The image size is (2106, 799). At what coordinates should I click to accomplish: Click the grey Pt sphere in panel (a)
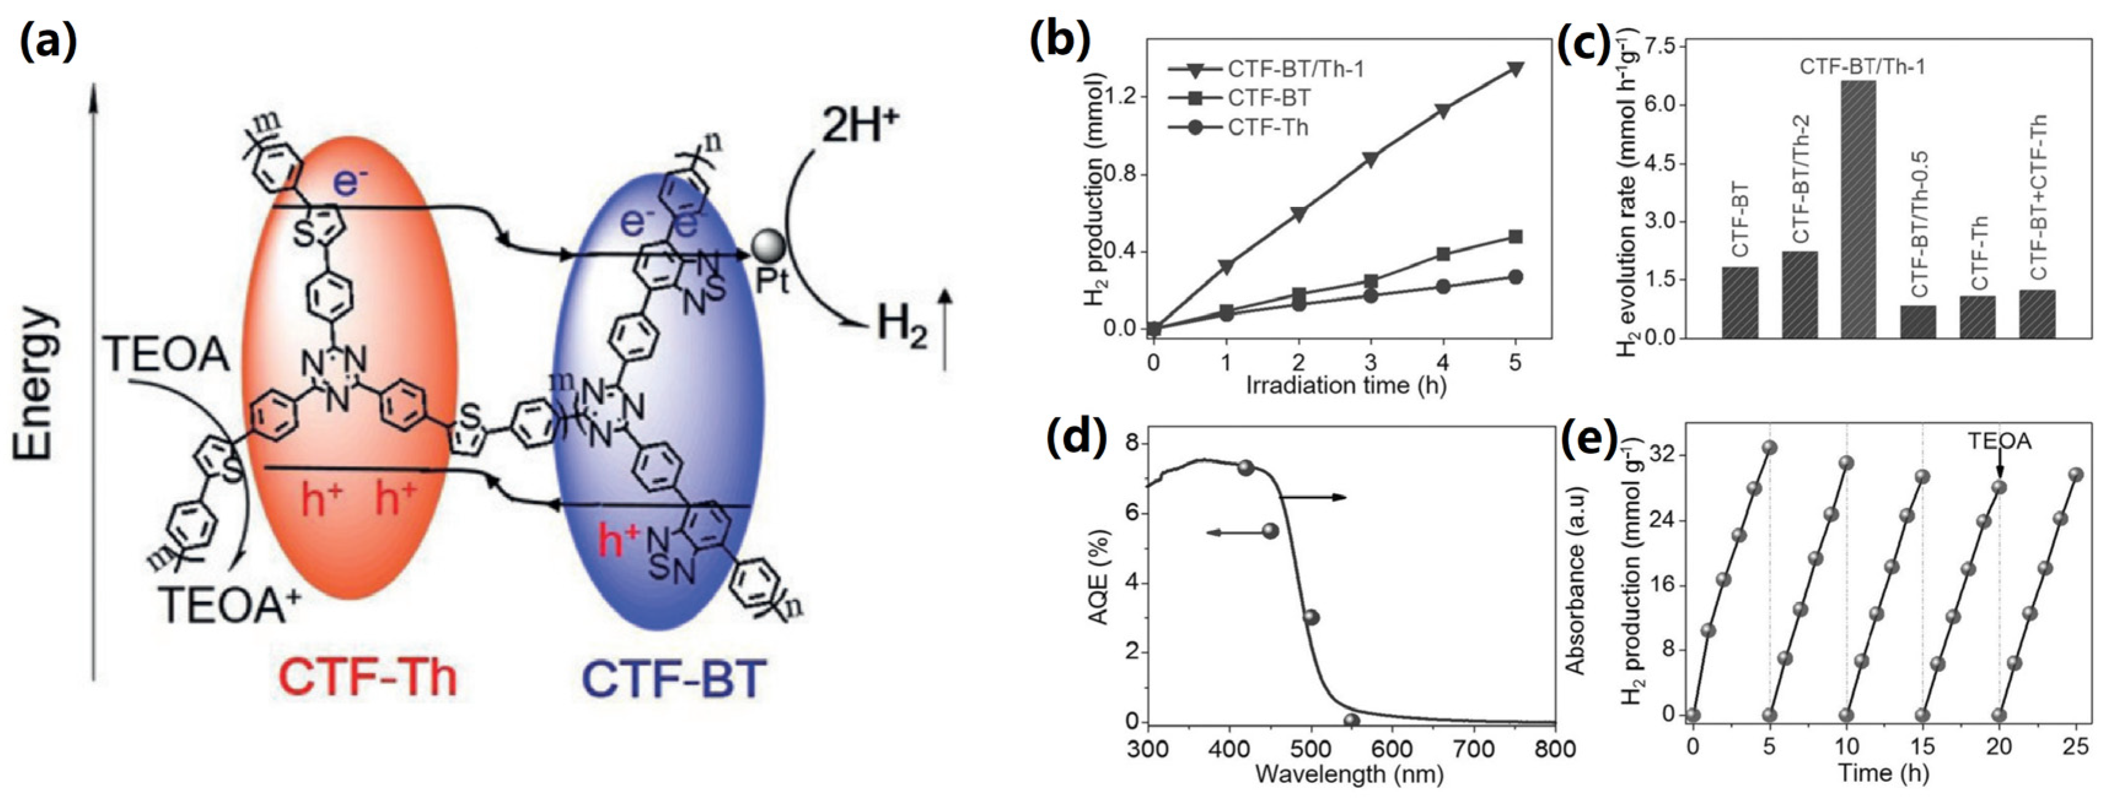(768, 246)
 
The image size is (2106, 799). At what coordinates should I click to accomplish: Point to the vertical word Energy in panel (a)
(37, 384)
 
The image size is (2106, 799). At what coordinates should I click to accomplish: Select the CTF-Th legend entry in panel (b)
(1266, 128)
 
